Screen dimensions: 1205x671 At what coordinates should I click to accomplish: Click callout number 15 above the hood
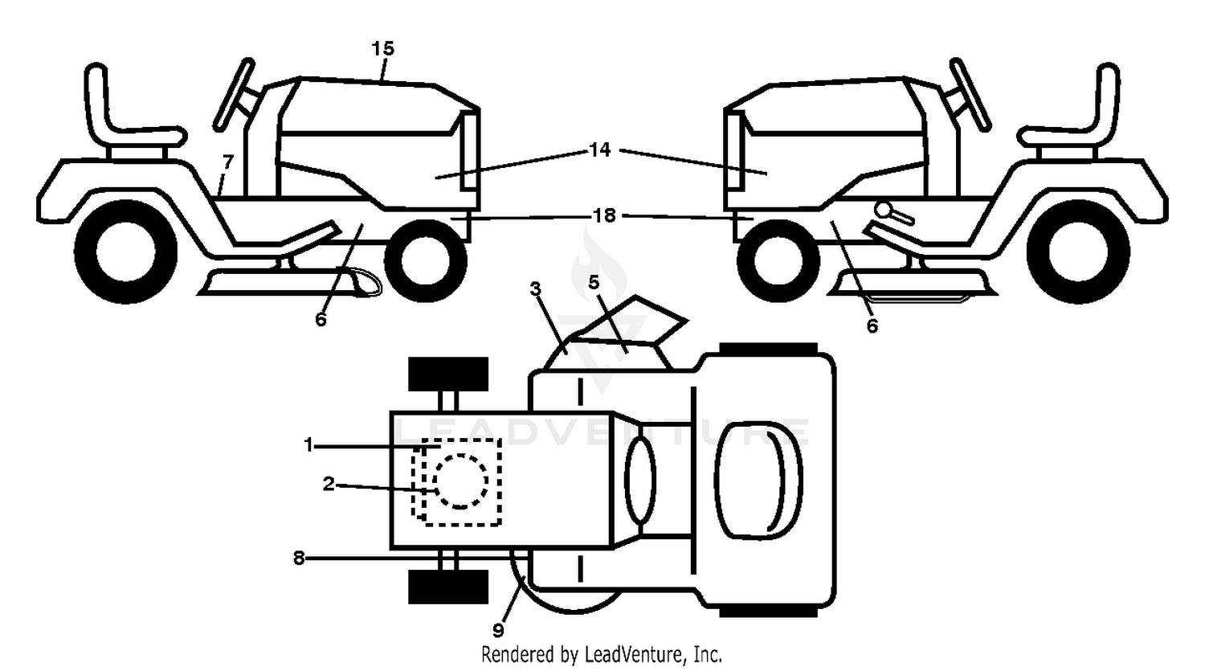[x=383, y=48]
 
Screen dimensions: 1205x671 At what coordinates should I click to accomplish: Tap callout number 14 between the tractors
[x=600, y=149]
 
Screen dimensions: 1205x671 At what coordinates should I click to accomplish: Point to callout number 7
[x=228, y=162]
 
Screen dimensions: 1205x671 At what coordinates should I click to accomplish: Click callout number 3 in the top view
[x=535, y=289]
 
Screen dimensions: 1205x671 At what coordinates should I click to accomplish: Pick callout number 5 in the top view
[x=594, y=282]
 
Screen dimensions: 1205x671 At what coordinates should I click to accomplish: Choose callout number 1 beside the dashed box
[x=308, y=445]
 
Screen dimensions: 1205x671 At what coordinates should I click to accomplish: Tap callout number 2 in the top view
[x=329, y=484]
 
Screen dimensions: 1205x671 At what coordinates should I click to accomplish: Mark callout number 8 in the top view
[x=299, y=558]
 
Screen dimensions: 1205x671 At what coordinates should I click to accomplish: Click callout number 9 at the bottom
[x=498, y=629]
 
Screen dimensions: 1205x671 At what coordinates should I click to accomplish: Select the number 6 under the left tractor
[x=321, y=320]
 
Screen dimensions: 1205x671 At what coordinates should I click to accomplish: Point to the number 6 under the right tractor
[x=872, y=325]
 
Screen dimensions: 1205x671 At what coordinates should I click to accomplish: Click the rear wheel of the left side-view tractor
[x=126, y=252]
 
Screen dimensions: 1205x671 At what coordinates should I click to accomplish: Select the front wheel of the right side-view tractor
[x=778, y=261]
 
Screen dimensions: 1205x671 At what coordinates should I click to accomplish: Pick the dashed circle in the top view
[x=460, y=481]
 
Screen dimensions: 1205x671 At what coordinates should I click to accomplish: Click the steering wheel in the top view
[x=640, y=481]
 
